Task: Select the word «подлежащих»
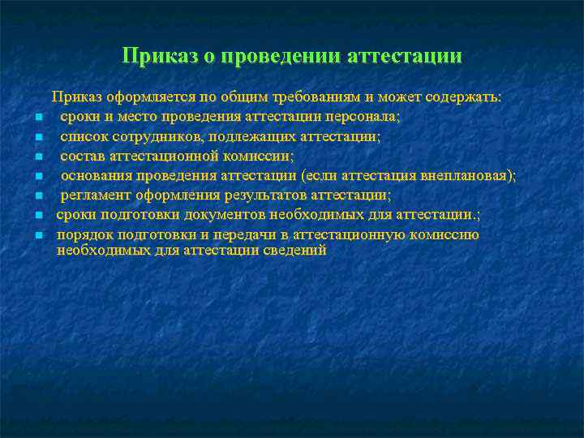(x=229, y=136)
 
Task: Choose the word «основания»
(x=95, y=175)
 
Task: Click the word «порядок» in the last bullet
(x=81, y=234)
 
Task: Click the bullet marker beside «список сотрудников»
(x=38, y=138)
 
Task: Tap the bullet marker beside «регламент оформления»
(x=38, y=196)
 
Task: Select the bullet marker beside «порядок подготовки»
(x=38, y=236)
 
